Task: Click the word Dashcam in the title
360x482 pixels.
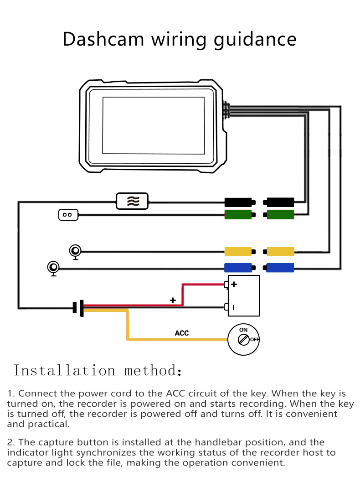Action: point(103,39)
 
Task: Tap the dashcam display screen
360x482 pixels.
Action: point(153,125)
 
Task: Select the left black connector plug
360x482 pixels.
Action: point(238,202)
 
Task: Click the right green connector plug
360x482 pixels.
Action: point(280,214)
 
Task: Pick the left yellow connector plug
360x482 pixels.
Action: point(238,251)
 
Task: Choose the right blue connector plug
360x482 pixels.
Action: point(280,268)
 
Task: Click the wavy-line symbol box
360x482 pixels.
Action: point(132,201)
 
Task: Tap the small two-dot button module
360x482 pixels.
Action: point(68,214)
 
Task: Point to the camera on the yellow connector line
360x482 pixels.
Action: point(75,251)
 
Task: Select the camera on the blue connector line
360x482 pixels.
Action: point(54,268)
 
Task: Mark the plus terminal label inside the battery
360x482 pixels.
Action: point(234,285)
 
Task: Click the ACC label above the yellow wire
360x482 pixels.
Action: point(182,333)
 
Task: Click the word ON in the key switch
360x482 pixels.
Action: point(243,330)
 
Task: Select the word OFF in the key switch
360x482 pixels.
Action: point(254,340)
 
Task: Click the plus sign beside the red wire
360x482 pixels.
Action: point(173,300)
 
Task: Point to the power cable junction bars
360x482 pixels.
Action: point(78,308)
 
